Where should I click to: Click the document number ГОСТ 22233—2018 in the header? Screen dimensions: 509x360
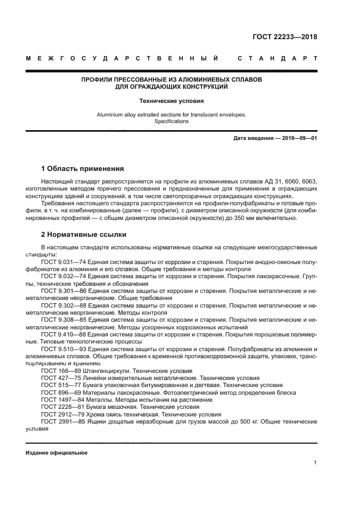pyautogui.click(x=284, y=37)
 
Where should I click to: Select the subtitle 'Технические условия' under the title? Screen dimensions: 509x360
pyautogui.click(x=171, y=101)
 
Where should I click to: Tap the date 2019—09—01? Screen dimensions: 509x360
pyautogui.click(x=298, y=138)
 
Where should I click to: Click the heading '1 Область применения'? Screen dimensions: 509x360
pyautogui.click(x=83, y=168)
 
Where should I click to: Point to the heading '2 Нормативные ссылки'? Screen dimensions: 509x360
pyautogui.click(x=84, y=235)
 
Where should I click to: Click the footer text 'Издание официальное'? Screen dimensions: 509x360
pyautogui.click(x=57, y=453)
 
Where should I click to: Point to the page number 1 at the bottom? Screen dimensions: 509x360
pyautogui.click(x=315, y=463)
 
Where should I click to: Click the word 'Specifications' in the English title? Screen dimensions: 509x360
pyautogui.click(x=171, y=121)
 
